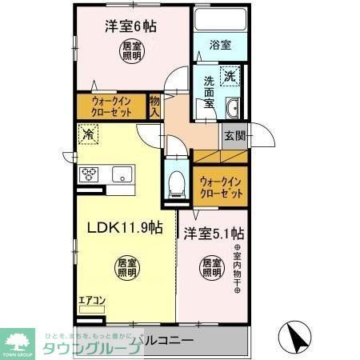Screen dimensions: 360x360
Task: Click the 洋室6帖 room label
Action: (130, 26)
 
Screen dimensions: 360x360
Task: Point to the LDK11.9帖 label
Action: (124, 226)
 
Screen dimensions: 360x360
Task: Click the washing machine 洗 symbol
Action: (230, 77)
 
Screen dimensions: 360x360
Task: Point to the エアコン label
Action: (90, 302)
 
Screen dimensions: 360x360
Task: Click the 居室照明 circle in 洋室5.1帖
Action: (211, 266)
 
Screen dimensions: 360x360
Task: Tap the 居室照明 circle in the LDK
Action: (122, 266)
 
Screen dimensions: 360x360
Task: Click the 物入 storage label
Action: (155, 105)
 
